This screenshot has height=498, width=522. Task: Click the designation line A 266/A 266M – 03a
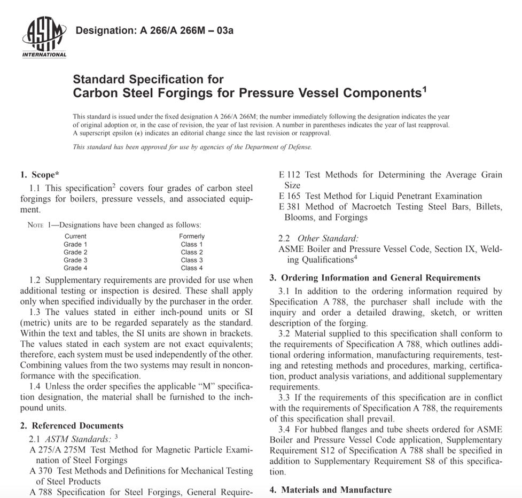(155, 30)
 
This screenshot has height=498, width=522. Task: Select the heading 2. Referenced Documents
(72, 426)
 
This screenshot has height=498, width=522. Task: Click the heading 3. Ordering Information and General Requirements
(375, 278)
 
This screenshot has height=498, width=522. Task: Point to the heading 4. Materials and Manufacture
(330, 489)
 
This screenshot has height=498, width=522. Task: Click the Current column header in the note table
(75, 236)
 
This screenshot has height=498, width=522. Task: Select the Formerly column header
(192, 236)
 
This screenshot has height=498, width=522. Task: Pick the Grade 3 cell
(75, 260)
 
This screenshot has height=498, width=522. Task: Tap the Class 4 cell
(192, 268)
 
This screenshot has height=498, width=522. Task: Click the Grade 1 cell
(75, 244)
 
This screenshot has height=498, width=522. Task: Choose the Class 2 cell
(192, 252)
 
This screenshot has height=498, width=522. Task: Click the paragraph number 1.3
(36, 312)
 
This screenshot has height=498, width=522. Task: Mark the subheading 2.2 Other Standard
(318, 238)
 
